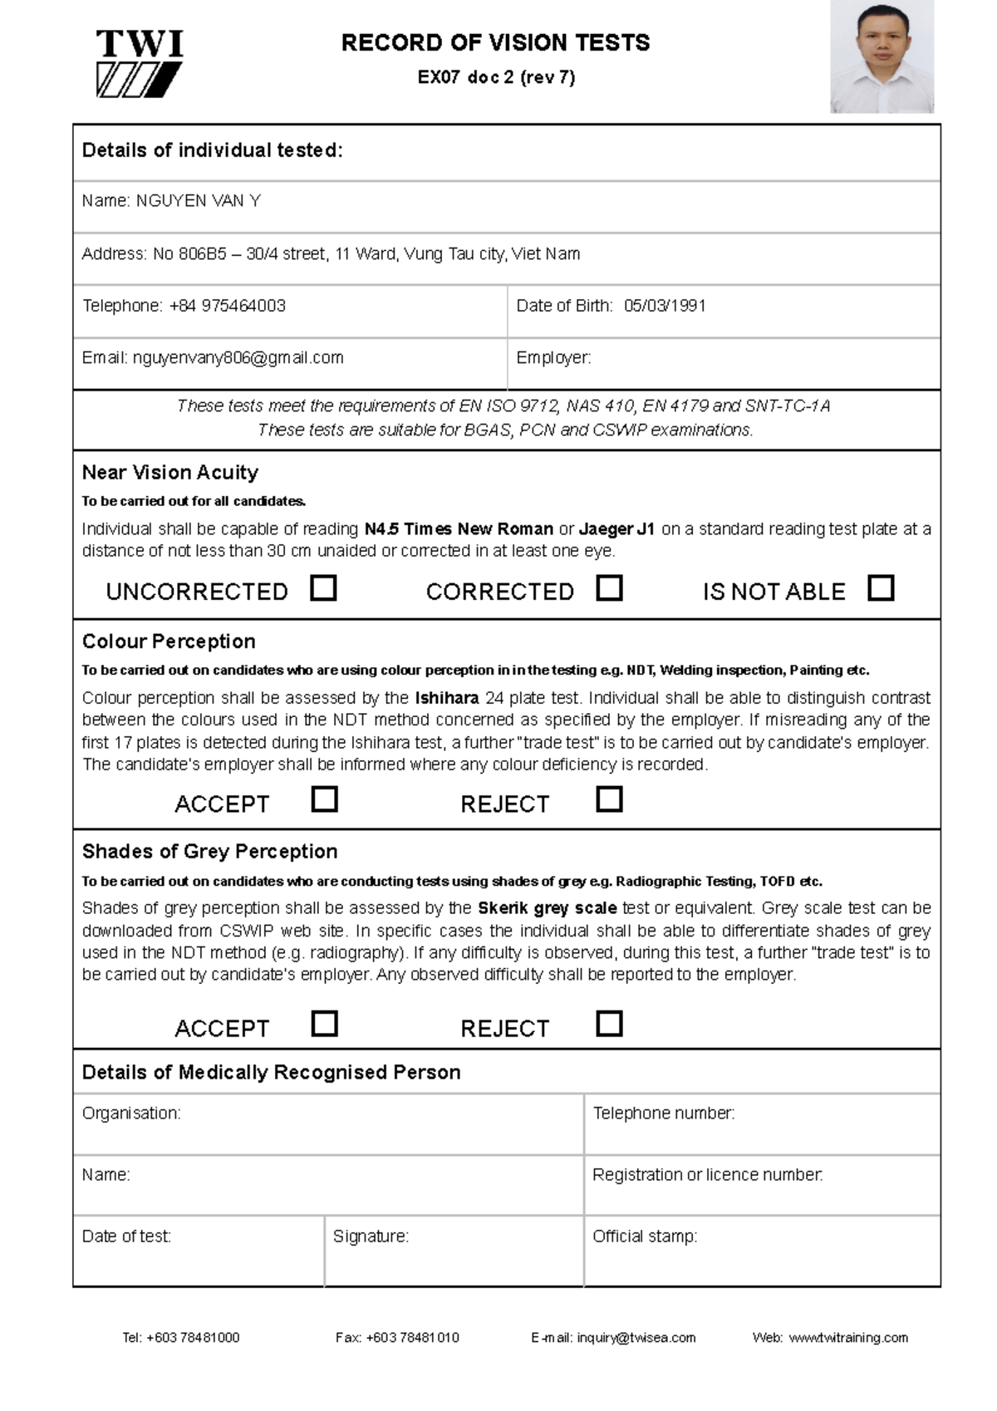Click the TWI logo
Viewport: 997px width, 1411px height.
point(140,64)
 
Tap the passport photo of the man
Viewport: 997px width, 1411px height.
point(882,57)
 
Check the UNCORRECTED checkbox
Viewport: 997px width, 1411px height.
point(323,588)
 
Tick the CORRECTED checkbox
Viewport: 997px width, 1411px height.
point(609,588)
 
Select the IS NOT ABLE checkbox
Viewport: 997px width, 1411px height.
point(880,588)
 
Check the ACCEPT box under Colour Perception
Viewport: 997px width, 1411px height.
point(324,799)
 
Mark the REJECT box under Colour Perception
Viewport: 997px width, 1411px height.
point(609,799)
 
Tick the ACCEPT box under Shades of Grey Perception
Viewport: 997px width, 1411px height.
point(324,1023)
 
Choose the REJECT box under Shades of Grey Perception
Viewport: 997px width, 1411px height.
point(609,1023)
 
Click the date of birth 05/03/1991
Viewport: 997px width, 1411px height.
point(665,306)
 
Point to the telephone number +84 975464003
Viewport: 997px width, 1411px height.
point(227,306)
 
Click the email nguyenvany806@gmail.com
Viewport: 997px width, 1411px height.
point(238,358)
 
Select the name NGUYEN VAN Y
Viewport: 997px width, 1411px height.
point(199,201)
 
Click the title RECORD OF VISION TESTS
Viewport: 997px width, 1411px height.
point(495,43)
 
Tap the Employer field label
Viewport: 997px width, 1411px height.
point(553,358)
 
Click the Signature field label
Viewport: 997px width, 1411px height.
point(371,1236)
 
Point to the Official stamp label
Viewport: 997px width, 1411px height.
point(644,1236)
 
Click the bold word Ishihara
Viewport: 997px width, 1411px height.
point(446,698)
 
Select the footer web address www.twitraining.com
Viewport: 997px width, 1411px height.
point(847,1338)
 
